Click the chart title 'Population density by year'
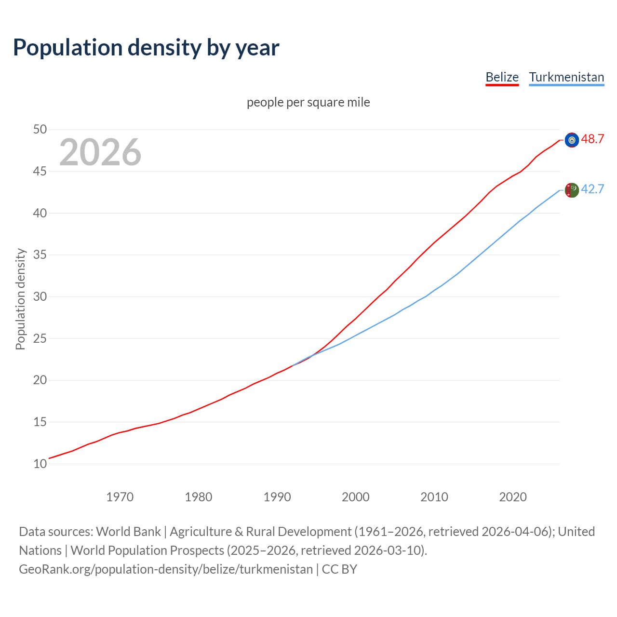pyautogui.click(x=146, y=47)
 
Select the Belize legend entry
pyautogui.click(x=502, y=77)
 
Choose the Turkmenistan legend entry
pyautogui.click(x=566, y=77)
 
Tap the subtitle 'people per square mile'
pyautogui.click(x=308, y=102)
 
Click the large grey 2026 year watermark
pyautogui.click(x=100, y=152)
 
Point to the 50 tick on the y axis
pyautogui.click(x=40, y=129)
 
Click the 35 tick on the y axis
pyautogui.click(x=40, y=255)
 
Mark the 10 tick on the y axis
pyautogui.click(x=40, y=464)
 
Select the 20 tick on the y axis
pyautogui.click(x=40, y=380)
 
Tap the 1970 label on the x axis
pyautogui.click(x=120, y=497)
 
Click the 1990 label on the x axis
pyautogui.click(x=277, y=497)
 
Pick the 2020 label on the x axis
pyautogui.click(x=513, y=497)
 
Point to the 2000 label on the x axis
pyautogui.click(x=356, y=497)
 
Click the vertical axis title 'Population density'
pyautogui.click(x=20, y=299)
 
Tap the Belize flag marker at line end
pyautogui.click(x=572, y=140)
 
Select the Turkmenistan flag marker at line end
pyautogui.click(x=572, y=190)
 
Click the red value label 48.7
pyautogui.click(x=592, y=139)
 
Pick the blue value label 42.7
pyautogui.click(x=592, y=189)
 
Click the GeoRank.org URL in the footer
pyautogui.click(x=166, y=569)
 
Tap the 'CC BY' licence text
pyautogui.click(x=339, y=569)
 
